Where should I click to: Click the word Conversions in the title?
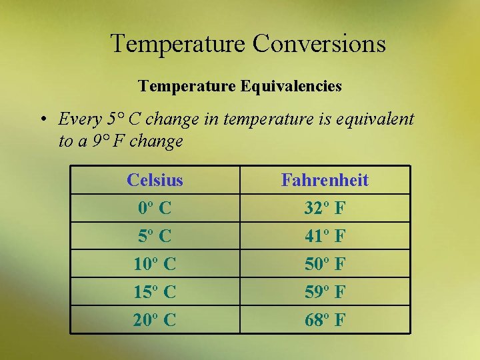click(319, 44)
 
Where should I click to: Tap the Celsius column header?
click(155, 180)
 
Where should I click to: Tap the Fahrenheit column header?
click(325, 180)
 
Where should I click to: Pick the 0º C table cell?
click(155, 208)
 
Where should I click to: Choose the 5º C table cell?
click(155, 236)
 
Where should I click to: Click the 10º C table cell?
click(155, 264)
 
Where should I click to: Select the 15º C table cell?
click(155, 292)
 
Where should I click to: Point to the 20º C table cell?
click(155, 320)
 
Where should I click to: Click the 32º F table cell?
click(325, 208)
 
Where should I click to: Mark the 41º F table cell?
click(325, 236)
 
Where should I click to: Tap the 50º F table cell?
click(325, 264)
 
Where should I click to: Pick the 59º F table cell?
click(325, 292)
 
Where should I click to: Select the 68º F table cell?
click(325, 320)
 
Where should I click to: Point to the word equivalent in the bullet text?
click(375, 120)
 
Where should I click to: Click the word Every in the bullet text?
click(79, 120)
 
